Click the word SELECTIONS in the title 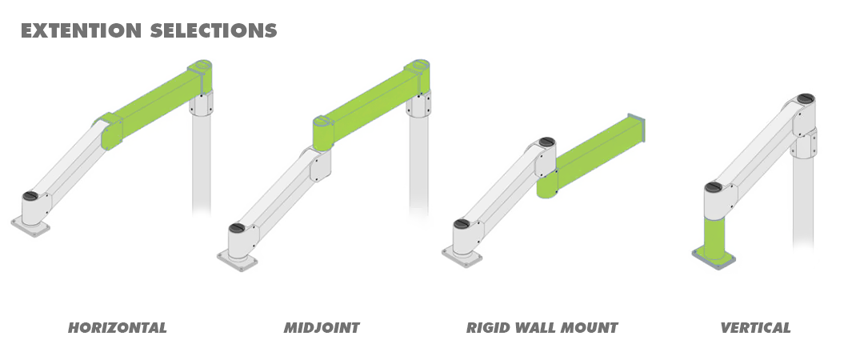tap(213, 30)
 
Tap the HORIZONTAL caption tap(118, 328)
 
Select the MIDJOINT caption tap(322, 328)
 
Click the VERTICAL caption tap(755, 328)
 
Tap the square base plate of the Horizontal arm tap(30, 226)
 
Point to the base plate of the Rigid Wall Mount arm tap(462, 255)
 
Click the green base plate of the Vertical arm tap(714, 258)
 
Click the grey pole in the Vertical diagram tap(804, 200)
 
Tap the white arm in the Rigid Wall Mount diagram tap(504, 192)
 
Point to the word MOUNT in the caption tap(590, 328)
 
